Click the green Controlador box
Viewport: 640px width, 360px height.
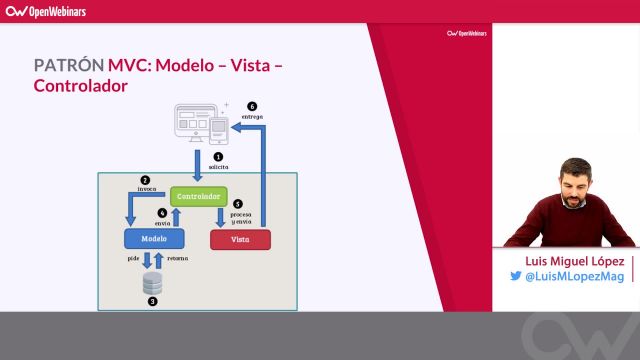(198, 197)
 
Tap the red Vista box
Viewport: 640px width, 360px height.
(240, 239)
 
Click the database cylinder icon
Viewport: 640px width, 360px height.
(152, 284)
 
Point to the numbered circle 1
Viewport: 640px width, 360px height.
(218, 156)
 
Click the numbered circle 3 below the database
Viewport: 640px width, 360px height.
(152, 301)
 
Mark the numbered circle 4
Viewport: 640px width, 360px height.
(162, 212)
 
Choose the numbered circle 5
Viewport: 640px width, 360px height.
(237, 203)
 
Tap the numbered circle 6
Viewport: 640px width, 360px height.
(251, 106)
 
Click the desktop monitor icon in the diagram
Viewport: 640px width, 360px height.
(192, 122)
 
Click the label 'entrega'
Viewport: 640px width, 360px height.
(252, 117)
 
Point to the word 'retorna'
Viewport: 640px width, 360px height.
(177, 258)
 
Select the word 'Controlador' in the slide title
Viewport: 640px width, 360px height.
(81, 86)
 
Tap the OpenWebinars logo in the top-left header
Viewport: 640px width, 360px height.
(46, 11)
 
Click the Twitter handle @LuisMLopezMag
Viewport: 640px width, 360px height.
(574, 277)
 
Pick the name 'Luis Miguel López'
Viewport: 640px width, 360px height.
(567, 259)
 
